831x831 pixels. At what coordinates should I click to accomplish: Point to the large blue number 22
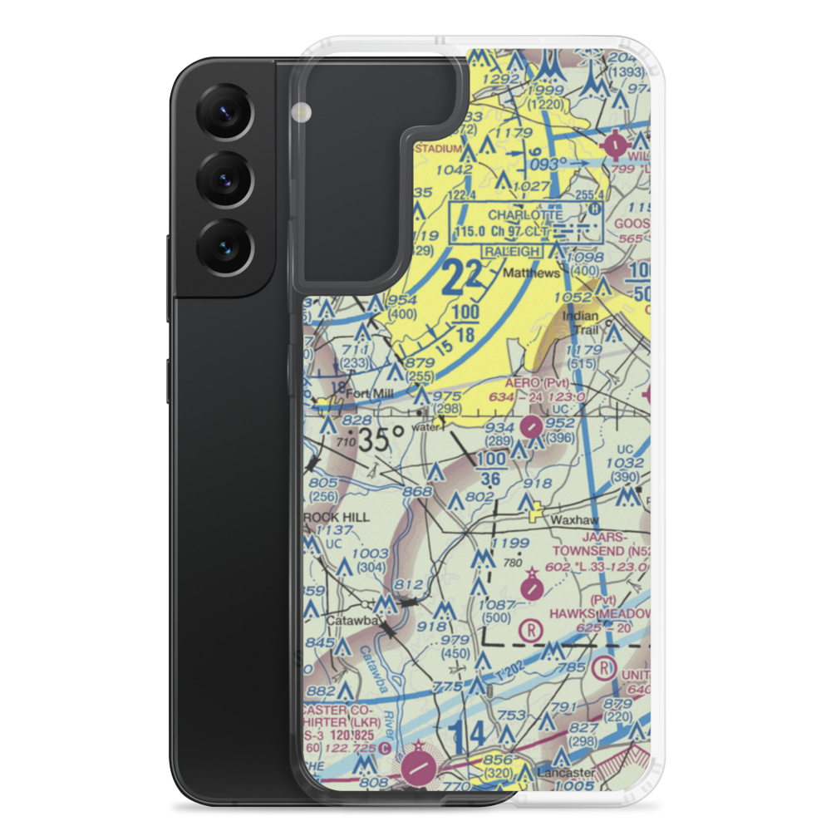click(461, 278)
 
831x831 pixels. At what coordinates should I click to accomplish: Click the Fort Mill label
click(369, 395)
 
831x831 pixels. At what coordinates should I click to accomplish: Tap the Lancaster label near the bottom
click(567, 772)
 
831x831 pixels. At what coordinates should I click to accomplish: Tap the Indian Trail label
click(583, 323)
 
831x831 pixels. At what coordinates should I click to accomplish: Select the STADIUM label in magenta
click(438, 149)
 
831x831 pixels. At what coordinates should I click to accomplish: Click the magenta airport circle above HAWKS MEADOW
click(532, 588)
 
